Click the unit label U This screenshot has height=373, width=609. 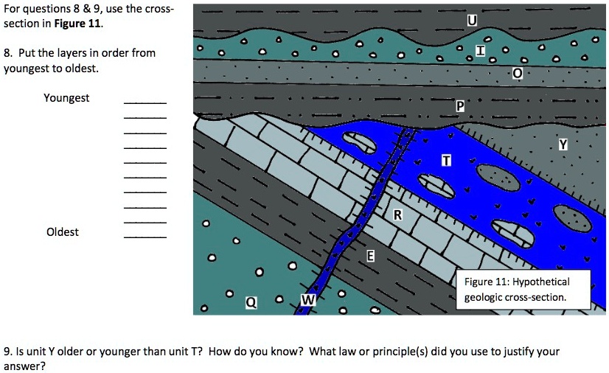tap(472, 20)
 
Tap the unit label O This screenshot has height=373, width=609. tap(517, 73)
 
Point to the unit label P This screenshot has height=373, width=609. tap(460, 107)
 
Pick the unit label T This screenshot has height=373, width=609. tap(446, 161)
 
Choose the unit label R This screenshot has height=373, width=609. tap(397, 215)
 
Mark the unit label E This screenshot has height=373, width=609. tap(371, 257)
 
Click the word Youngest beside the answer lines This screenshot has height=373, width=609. tap(66, 98)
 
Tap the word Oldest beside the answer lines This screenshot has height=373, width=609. tap(63, 231)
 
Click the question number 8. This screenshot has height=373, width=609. tap(7, 53)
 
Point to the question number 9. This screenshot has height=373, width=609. tap(7, 352)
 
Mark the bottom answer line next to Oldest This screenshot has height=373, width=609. tap(145, 237)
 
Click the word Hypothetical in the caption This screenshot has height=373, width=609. tap(542, 282)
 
